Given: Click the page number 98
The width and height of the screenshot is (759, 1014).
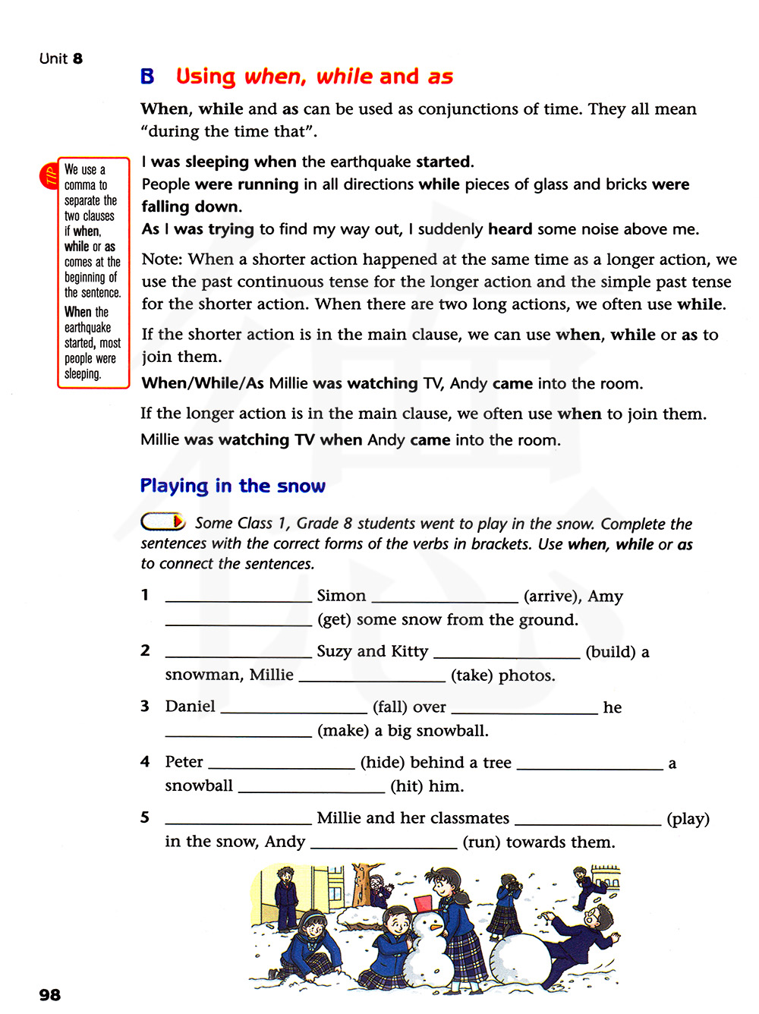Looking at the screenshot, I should tap(50, 995).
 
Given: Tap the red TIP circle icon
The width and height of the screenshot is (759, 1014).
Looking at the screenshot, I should tap(49, 176).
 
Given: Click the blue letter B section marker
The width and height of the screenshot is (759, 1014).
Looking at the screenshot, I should tap(147, 77).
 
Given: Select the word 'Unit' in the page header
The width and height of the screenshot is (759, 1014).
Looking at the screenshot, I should tap(54, 58).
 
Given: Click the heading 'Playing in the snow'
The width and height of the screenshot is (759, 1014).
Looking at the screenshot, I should tap(232, 486).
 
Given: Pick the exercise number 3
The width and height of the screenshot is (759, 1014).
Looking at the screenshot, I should tap(145, 706).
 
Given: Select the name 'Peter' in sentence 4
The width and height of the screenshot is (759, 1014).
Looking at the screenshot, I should tap(184, 762).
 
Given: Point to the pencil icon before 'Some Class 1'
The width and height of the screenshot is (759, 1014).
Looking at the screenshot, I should tap(163, 522).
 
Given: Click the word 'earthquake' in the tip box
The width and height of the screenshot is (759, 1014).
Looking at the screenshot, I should tap(87, 328).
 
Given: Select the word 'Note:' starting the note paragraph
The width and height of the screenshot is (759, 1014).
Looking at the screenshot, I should tap(162, 260).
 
